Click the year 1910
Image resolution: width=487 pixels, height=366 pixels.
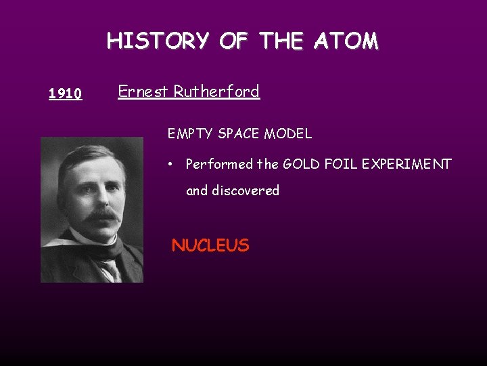click(66, 94)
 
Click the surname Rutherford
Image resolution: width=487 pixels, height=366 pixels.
click(216, 91)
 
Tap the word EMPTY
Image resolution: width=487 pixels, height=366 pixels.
click(191, 134)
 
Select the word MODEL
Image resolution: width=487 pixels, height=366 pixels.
click(289, 134)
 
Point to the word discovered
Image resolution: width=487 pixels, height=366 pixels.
click(245, 190)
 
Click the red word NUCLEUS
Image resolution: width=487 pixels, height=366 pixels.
click(210, 245)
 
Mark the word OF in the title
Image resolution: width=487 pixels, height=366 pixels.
click(233, 41)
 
